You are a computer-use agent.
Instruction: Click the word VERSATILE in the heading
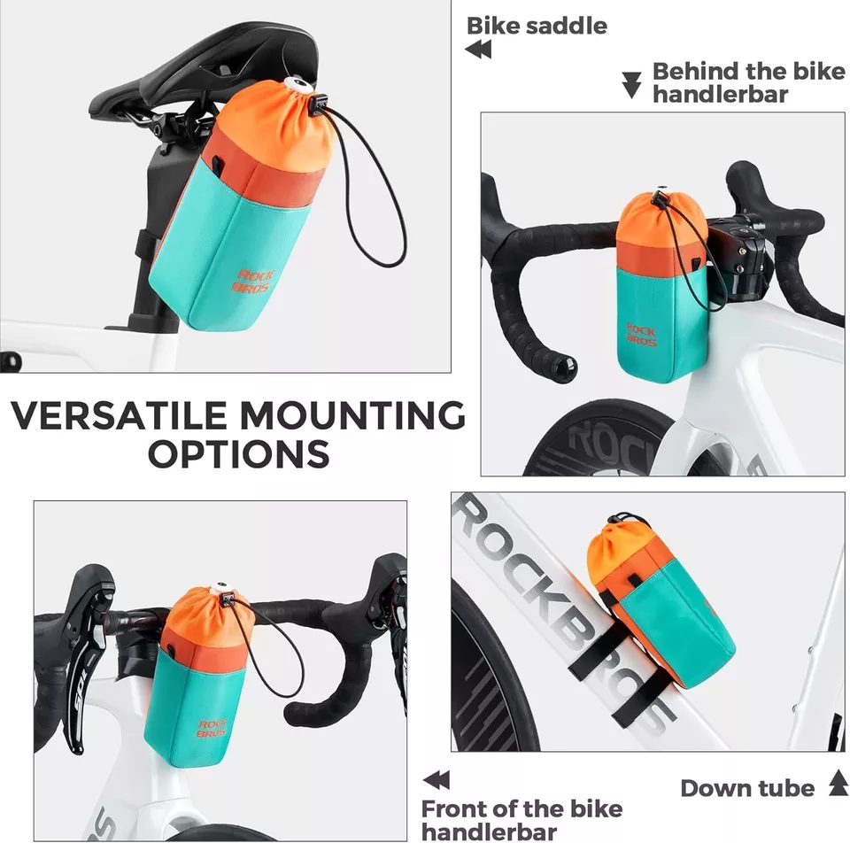(120, 416)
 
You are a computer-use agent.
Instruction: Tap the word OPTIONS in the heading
(239, 453)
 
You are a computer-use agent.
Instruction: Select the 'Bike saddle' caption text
(537, 26)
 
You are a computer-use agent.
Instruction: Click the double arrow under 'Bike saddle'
(478, 50)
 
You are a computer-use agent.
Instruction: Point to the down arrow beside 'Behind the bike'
(631, 85)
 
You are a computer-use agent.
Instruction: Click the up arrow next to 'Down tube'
(838, 783)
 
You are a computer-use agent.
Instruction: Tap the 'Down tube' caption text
(747, 788)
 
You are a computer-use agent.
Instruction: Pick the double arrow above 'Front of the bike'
(437, 780)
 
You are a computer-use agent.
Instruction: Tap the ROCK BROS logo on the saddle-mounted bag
(252, 281)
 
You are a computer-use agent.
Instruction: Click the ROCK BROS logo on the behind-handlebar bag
(641, 334)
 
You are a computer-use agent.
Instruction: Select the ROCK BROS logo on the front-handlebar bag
(212, 729)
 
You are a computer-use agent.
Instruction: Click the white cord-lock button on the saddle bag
(296, 85)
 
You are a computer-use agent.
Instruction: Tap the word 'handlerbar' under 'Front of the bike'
(490, 831)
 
